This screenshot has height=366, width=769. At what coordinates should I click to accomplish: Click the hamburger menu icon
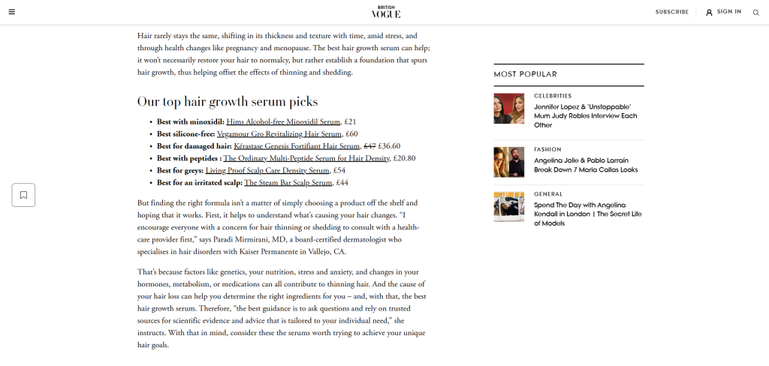12,12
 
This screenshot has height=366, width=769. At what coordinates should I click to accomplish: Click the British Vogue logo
386,12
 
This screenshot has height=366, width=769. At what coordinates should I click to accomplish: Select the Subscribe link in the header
671,12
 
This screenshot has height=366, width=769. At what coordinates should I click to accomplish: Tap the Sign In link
723,12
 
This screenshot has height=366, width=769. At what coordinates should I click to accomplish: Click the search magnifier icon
755,12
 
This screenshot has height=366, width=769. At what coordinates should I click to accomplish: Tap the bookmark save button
23,195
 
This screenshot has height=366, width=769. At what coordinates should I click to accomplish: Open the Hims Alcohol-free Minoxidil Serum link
283,121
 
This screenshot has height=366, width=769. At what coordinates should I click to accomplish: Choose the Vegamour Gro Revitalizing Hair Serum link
288,133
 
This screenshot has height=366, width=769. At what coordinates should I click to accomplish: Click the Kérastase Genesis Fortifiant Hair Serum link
297,146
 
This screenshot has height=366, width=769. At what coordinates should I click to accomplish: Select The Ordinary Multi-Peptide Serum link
306,158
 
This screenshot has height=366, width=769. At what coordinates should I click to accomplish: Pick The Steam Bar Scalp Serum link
288,182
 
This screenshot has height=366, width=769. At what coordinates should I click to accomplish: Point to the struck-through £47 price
369,146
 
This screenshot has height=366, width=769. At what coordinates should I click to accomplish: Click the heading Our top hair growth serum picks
228,101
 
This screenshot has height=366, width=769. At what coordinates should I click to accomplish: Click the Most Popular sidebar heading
525,74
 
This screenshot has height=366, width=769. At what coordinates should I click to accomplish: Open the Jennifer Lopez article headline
586,115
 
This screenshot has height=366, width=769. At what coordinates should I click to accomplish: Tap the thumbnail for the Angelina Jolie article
508,161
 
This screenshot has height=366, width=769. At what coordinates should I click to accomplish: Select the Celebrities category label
553,96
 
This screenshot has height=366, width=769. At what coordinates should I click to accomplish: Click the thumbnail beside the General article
508,206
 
